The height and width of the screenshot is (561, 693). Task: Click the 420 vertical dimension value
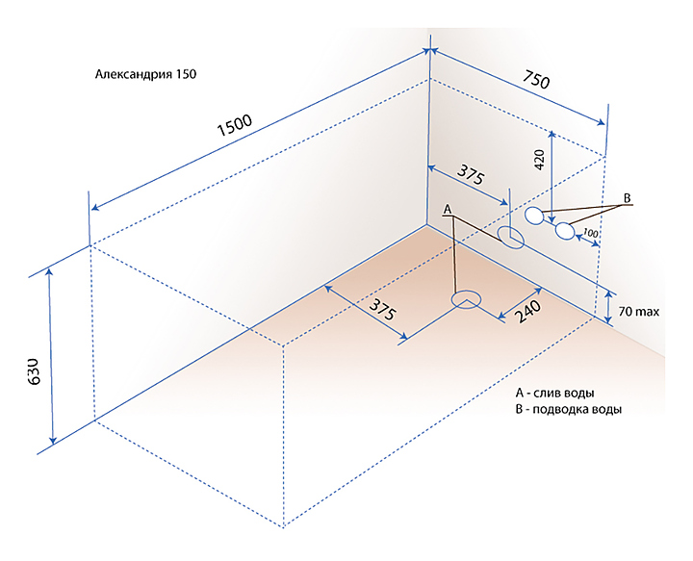pyautogui.click(x=539, y=159)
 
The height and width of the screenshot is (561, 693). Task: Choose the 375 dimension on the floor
pyautogui.click(x=382, y=310)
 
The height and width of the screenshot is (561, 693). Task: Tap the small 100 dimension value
pyautogui.click(x=590, y=234)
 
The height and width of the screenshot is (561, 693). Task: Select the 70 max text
pyautogui.click(x=639, y=313)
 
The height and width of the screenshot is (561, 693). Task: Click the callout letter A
pyautogui.click(x=447, y=208)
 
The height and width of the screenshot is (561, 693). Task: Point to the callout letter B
pyautogui.click(x=627, y=199)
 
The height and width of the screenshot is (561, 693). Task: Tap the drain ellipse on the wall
pyautogui.click(x=511, y=237)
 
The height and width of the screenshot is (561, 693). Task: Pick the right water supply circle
pyautogui.click(x=565, y=231)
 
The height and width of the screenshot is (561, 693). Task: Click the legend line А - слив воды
pyautogui.click(x=554, y=393)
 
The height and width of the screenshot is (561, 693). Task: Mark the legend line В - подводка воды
pyautogui.click(x=568, y=410)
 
